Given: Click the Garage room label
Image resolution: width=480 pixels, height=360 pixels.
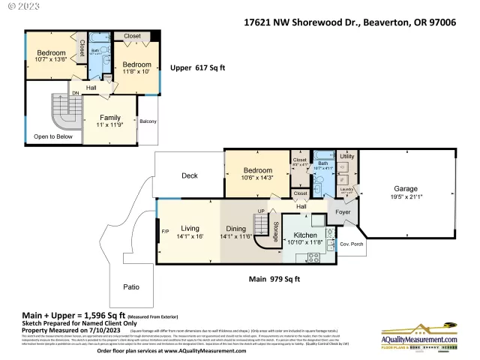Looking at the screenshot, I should [x=406, y=189].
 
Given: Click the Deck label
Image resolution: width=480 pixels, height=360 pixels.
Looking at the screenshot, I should [x=190, y=176].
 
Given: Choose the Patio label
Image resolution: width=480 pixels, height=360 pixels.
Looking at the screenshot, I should [x=132, y=286].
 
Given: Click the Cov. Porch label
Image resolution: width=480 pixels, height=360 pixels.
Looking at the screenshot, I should [x=350, y=244].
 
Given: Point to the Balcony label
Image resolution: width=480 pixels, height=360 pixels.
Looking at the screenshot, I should [x=148, y=121].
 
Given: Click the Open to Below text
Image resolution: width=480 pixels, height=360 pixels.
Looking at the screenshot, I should [x=53, y=136].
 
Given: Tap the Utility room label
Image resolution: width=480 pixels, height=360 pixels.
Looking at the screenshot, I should [x=346, y=156].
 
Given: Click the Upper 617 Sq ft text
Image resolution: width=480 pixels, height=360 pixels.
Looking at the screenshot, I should [x=198, y=67].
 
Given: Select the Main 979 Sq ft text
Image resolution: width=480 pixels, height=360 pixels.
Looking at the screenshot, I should [x=274, y=279].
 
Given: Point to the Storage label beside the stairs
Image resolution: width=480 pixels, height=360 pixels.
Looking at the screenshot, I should [x=276, y=227].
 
